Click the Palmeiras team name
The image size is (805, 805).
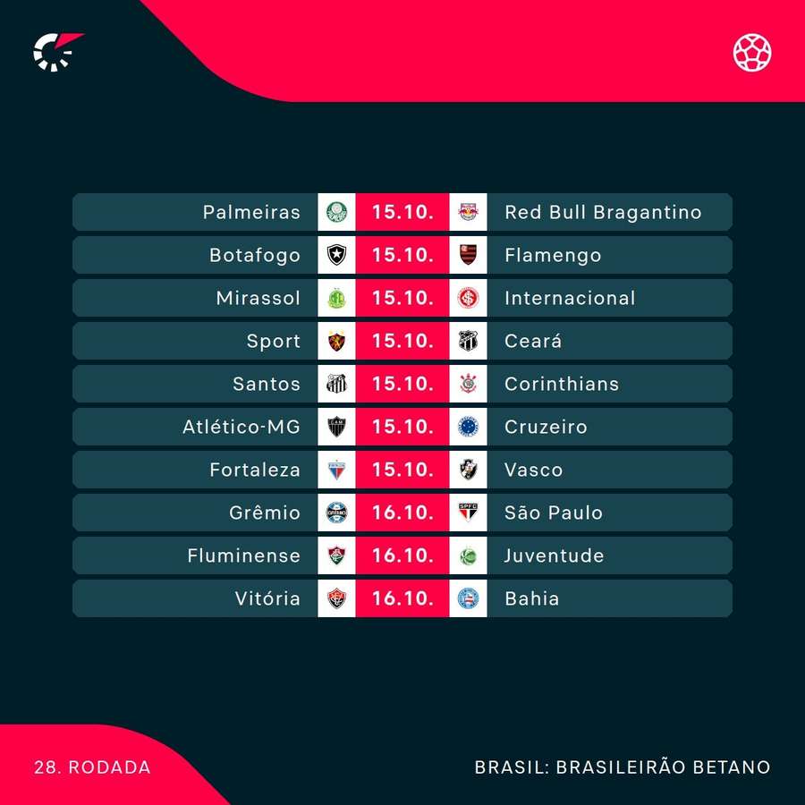coord(251,212)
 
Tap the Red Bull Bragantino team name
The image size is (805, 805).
coord(603,212)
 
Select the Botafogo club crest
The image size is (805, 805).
coord(336,255)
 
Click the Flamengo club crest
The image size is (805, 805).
coord(468,255)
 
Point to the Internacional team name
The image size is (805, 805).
coord(570,298)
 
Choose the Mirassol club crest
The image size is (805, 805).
coord(336,298)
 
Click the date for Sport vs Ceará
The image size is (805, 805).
coord(402,341)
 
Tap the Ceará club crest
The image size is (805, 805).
coord(468,341)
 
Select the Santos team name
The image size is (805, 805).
coord(267,384)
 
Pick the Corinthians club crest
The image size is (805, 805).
coord(468,384)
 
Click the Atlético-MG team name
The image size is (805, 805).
coord(241,427)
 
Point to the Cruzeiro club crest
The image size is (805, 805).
coord(468,427)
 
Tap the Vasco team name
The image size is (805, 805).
coord(534,470)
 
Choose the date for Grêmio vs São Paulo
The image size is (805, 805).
coord(402,513)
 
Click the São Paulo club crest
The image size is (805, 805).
coord(468,513)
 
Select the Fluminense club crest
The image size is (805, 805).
coord(336,555)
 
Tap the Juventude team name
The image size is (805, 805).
coord(555,555)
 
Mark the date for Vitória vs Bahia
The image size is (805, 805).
coord(402,598)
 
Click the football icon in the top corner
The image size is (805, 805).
coord(753,52)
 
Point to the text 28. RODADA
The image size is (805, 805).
coord(92,767)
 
